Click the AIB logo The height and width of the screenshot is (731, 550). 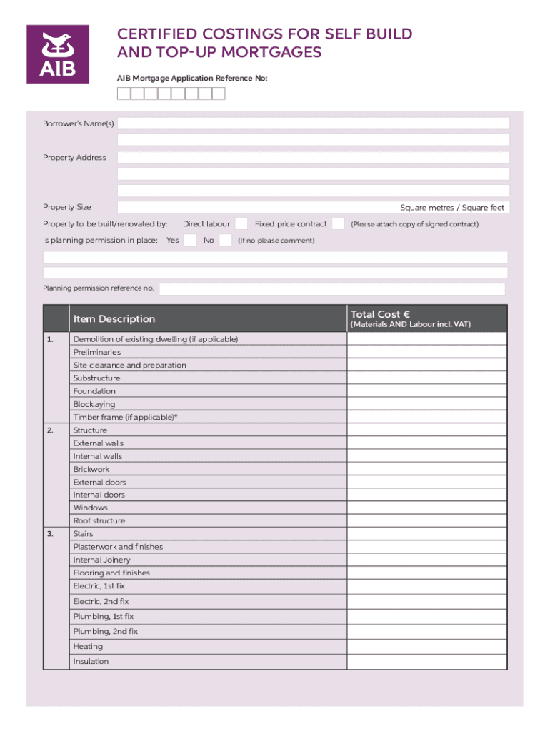tap(58, 54)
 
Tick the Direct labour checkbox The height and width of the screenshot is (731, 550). tap(242, 223)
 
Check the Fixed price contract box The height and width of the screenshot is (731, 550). tap(339, 223)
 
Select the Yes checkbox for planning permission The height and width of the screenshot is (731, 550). tap(189, 240)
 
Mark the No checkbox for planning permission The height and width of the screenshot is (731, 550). tap(225, 240)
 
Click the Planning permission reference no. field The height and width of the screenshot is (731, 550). tap(331, 288)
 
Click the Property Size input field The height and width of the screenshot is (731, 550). tap(257, 207)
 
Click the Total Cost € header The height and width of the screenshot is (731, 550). tap(380, 314)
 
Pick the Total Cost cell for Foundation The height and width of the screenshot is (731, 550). tap(426, 391)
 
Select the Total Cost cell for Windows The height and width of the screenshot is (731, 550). tap(426, 508)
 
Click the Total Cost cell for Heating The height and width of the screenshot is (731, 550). tap(426, 646)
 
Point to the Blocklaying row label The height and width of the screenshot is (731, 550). tap(94, 404)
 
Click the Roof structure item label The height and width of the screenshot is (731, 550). tap(99, 521)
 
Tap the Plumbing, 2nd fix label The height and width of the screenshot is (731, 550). tap(106, 631)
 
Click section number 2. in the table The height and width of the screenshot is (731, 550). tap(50, 430)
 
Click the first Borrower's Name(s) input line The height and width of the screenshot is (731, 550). tap(313, 123)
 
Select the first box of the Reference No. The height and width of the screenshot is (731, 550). tap(124, 94)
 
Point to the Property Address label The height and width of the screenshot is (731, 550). tap(74, 157)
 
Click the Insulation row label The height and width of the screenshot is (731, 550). tap(91, 661)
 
